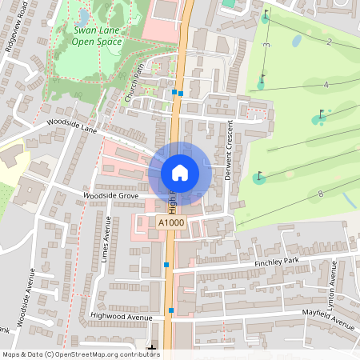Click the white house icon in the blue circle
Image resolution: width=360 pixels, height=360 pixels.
180,172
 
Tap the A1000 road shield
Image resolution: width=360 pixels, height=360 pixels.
170,223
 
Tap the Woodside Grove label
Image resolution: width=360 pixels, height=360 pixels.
110,196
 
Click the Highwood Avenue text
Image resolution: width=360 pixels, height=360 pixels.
121,317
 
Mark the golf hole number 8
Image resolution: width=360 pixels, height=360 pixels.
320,194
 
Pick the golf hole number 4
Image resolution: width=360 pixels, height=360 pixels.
326,84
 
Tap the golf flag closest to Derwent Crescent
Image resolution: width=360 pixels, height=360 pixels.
259,177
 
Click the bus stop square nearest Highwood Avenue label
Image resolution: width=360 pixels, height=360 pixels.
171,310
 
